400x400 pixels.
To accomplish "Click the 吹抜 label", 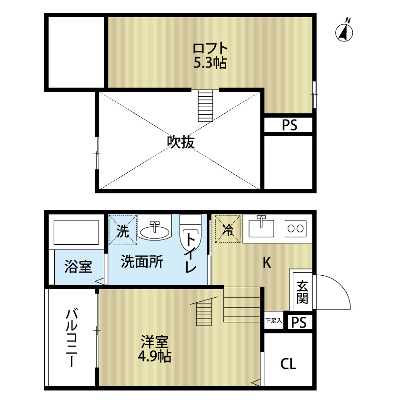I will click(180, 142).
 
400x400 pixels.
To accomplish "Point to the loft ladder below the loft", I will click(206, 105).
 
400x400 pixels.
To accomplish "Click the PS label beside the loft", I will click(289, 125).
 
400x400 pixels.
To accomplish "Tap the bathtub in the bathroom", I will click(76, 233).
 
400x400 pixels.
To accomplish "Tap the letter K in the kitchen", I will click(267, 262).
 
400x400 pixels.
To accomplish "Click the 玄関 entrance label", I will click(302, 292).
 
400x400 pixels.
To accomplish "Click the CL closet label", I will click(288, 365).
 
